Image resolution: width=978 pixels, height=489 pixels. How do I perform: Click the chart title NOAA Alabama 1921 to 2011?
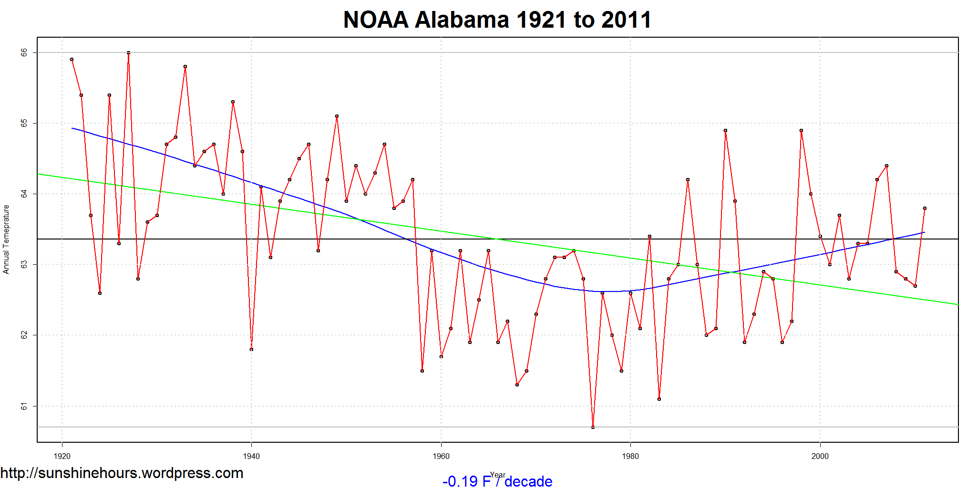(x=497, y=20)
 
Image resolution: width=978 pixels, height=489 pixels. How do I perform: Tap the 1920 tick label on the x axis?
(x=62, y=456)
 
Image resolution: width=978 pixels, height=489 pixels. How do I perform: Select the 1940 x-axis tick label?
(x=251, y=456)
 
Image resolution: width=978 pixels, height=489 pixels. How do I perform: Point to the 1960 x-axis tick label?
(x=441, y=456)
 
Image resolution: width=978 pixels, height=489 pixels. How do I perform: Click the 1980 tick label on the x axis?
(x=630, y=456)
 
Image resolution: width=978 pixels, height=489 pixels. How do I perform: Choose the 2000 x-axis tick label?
(x=820, y=456)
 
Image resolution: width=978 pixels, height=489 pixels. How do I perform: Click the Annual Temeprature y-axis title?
(x=6, y=239)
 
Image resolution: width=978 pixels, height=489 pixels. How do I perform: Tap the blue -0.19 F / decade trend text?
(x=497, y=481)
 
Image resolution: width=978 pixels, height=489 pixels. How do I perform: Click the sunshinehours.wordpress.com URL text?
(x=122, y=473)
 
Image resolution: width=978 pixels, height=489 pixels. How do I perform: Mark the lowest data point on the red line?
(x=593, y=427)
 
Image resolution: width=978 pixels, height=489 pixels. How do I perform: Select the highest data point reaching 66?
(x=128, y=53)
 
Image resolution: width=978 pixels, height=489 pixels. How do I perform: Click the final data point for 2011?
(x=925, y=208)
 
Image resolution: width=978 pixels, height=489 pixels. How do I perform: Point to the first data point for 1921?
(x=72, y=60)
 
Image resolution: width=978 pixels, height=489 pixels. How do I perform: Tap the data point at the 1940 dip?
(x=251, y=349)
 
